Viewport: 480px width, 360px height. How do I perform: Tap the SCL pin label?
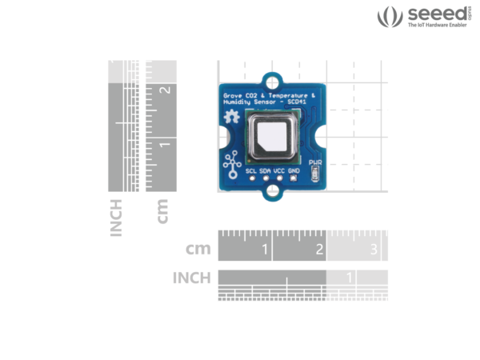pos(250,170)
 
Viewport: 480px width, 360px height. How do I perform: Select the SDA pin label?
pos(265,170)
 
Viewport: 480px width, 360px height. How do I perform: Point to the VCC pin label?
pos(279,170)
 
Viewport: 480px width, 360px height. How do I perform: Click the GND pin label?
pos(294,170)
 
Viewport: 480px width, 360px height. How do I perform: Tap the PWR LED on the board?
pos(315,174)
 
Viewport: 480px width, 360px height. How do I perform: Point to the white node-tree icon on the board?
pos(232,160)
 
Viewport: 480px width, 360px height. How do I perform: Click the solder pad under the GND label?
pos(294,178)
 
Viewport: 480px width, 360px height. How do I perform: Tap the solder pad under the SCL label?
pos(250,178)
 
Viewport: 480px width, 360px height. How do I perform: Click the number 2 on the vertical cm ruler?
pos(166,90)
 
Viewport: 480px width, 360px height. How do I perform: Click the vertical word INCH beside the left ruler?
pos(117,217)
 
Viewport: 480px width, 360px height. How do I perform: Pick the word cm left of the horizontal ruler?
pos(198,249)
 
